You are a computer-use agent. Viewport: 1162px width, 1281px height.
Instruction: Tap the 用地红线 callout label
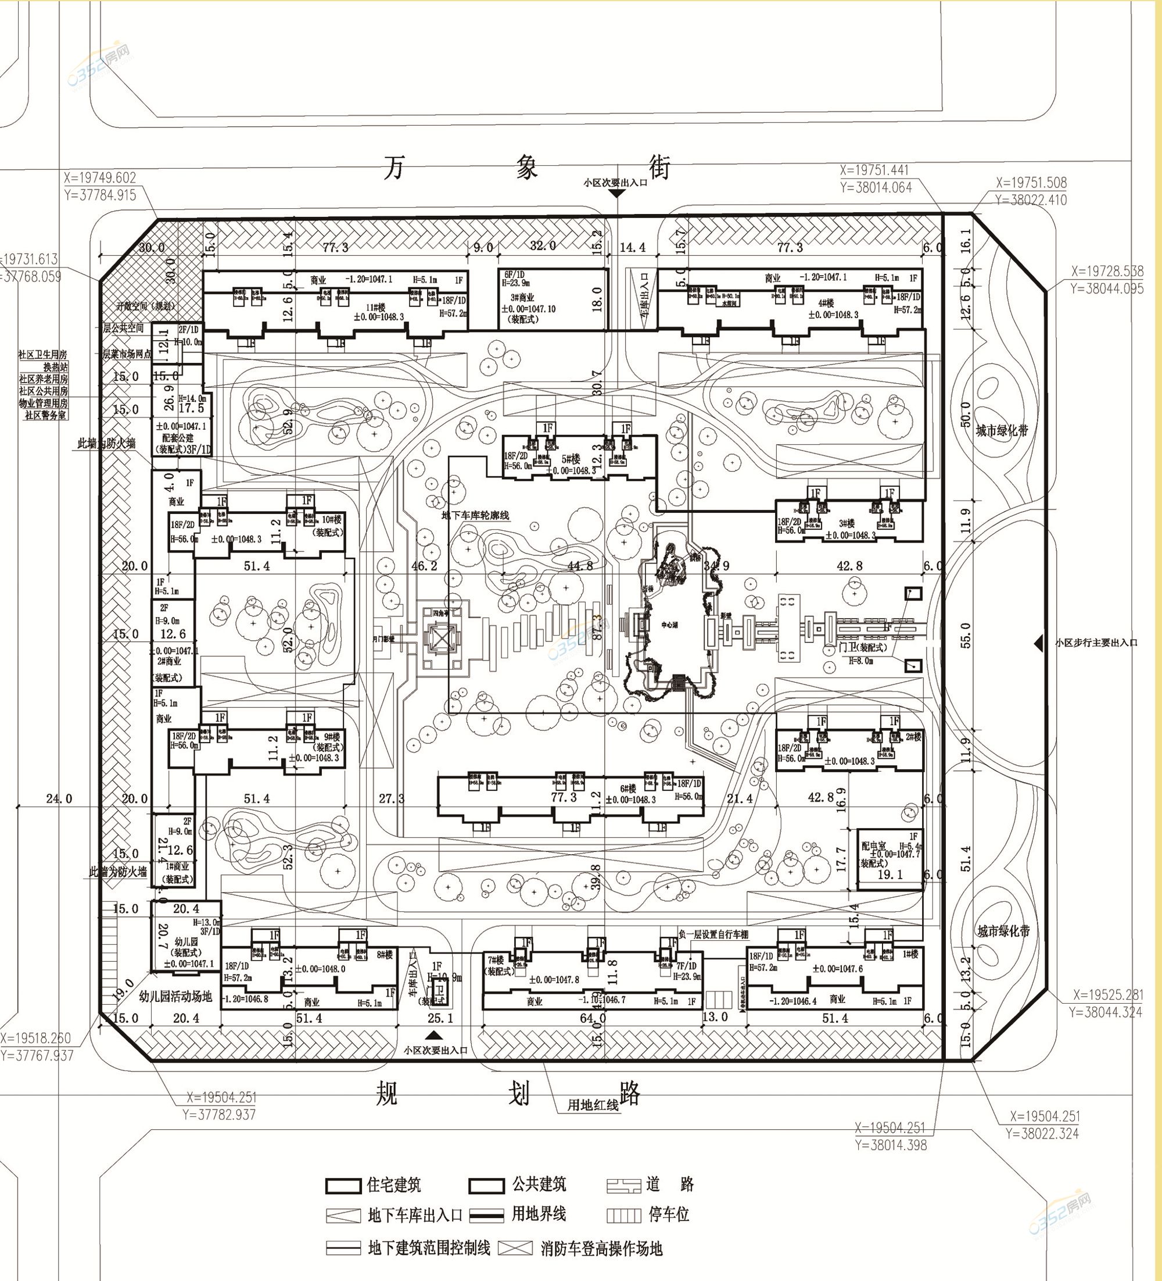593,1105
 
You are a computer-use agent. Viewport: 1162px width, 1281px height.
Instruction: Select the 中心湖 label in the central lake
669,625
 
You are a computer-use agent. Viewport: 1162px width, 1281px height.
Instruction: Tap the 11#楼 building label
375,308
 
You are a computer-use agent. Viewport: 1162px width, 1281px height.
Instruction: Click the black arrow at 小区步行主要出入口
1038,643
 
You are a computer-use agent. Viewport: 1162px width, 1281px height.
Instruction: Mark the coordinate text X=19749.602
100,178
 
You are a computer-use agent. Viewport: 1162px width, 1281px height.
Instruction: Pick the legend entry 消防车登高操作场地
601,1248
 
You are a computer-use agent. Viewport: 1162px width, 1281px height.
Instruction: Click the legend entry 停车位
668,1215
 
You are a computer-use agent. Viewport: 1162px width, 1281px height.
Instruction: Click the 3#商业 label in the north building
522,297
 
